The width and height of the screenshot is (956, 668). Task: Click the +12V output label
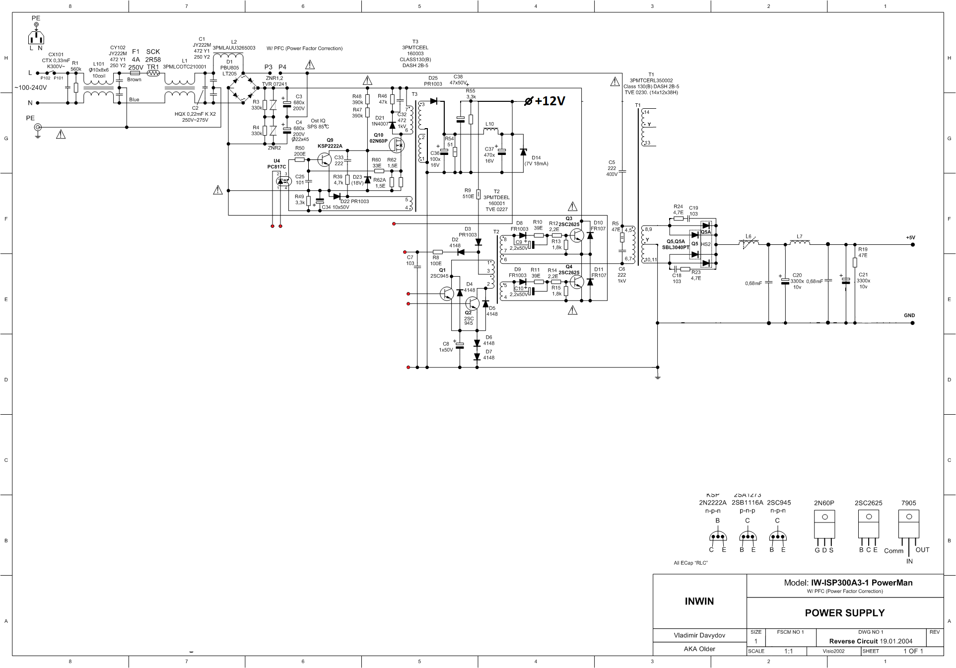pos(549,101)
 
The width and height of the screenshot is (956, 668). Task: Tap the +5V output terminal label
pos(910,238)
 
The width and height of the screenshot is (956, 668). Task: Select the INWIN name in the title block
pos(699,601)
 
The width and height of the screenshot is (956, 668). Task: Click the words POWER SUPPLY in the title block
pos(844,613)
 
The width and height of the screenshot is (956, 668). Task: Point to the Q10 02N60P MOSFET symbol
pos(397,145)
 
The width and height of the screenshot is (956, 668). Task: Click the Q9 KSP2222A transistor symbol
pos(325,159)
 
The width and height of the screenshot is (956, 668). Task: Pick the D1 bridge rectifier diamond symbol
pos(243,88)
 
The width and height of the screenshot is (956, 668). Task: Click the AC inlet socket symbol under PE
pos(36,37)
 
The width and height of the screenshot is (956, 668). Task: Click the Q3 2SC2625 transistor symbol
pos(577,235)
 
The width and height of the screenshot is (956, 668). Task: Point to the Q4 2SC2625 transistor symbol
pos(577,282)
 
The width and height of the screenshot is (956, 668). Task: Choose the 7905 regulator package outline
pos(908,524)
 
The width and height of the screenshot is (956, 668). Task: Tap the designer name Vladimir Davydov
pos(699,635)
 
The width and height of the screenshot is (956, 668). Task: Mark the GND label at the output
pos(909,315)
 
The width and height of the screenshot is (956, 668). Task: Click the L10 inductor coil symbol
pos(490,131)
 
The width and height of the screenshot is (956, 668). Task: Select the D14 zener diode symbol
pos(523,152)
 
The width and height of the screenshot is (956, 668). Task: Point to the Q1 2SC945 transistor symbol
pos(447,294)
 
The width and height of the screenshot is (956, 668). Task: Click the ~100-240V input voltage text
pos(31,88)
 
